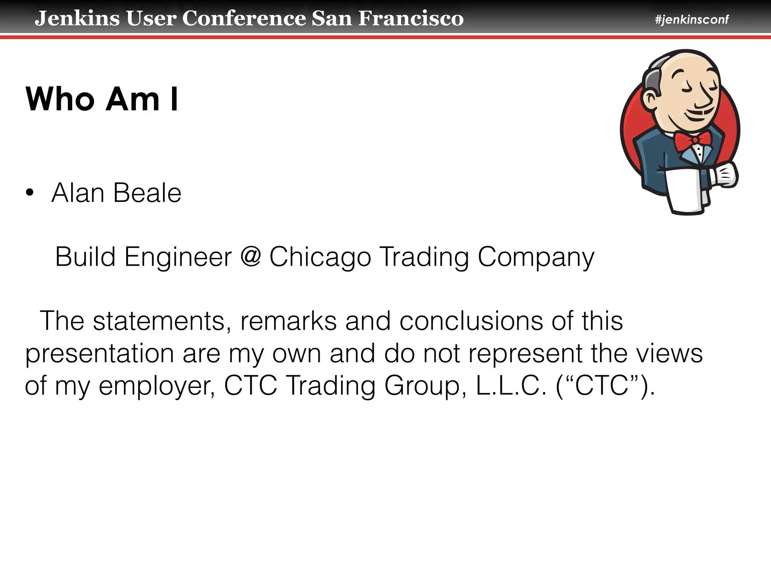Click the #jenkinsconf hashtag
tap(692, 19)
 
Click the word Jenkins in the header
tap(77, 18)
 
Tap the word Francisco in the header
tap(411, 18)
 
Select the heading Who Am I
tap(102, 99)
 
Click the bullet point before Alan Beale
tap(30, 193)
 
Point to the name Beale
tap(147, 193)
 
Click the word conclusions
tap(471, 321)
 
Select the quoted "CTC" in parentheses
tap(602, 386)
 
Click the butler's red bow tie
tap(692, 140)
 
